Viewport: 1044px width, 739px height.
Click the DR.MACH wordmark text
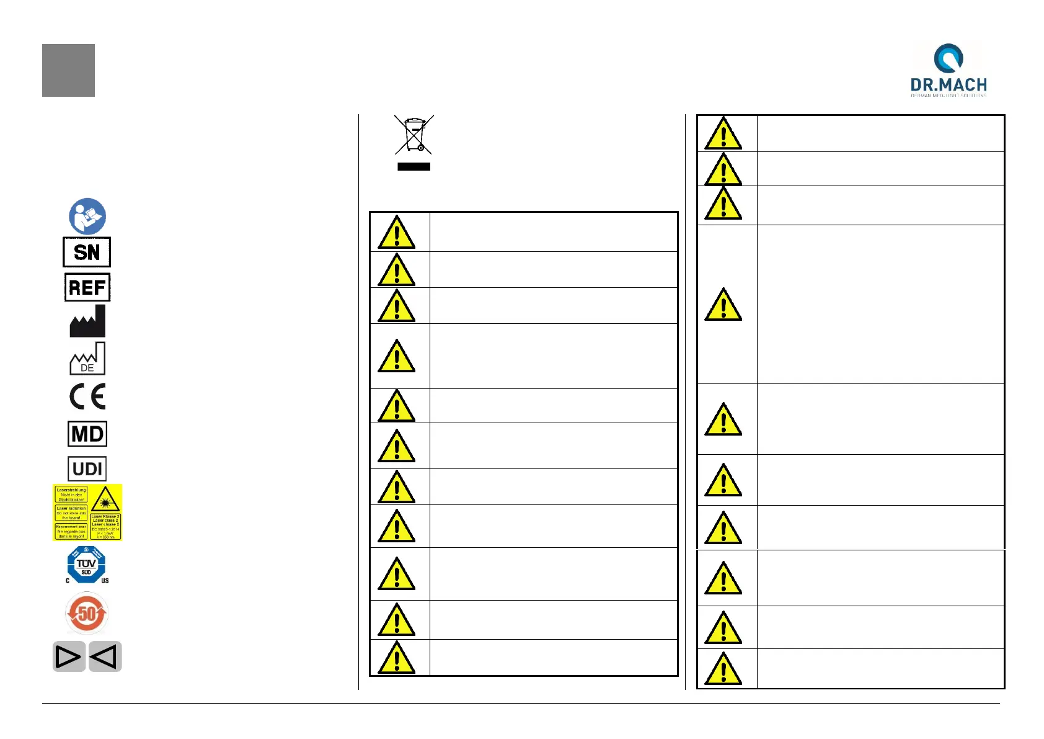coord(949,85)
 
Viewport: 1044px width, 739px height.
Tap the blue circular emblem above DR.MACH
coord(949,58)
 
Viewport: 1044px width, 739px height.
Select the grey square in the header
coord(68,70)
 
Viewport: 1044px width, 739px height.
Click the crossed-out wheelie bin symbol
coord(414,135)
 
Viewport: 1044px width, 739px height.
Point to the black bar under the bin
coord(414,166)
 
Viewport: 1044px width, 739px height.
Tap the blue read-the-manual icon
coord(87,217)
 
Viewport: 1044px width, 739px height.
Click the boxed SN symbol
coord(87,252)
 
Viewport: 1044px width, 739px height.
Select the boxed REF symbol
coord(87,287)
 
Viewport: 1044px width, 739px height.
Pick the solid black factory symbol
coord(87,321)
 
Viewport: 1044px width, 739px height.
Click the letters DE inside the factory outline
coord(87,368)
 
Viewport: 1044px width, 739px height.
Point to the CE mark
coord(87,396)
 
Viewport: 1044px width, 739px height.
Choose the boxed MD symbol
coord(87,434)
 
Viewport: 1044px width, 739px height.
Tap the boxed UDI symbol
coord(87,469)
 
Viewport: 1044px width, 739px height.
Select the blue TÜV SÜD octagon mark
coord(86,565)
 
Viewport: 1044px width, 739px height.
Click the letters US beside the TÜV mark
coord(105,581)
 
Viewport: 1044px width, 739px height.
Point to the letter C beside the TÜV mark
coord(68,581)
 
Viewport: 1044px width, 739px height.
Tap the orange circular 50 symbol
coord(87,614)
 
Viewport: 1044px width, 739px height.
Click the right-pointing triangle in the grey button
coord(68,656)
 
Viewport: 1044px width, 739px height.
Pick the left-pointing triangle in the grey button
coord(105,656)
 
